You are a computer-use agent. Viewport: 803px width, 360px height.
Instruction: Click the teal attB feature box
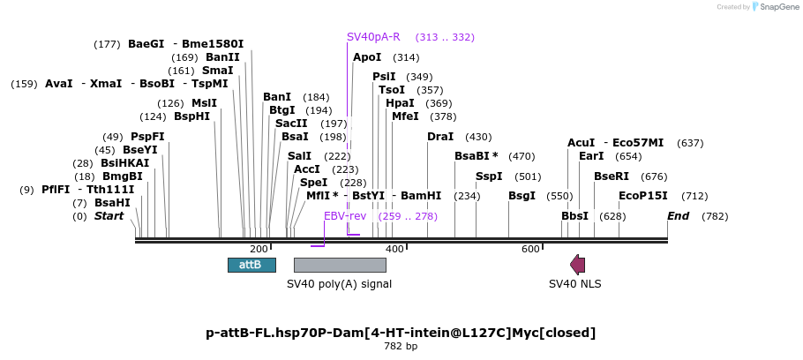(x=252, y=265)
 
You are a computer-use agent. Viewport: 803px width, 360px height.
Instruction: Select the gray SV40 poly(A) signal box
(x=340, y=265)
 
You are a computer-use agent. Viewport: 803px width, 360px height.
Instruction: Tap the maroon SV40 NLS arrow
(x=578, y=265)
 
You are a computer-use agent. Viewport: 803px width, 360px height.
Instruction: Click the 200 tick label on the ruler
(x=259, y=249)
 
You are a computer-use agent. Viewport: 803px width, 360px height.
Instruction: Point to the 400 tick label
(x=394, y=249)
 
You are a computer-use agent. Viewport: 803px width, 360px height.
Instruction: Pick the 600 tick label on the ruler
(x=530, y=249)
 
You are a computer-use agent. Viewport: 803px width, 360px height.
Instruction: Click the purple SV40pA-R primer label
(x=373, y=37)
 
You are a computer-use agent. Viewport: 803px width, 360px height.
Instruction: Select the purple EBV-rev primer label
(x=345, y=216)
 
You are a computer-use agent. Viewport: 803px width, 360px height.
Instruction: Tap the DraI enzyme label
(x=440, y=137)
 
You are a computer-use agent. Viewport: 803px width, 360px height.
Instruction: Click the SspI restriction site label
(x=489, y=176)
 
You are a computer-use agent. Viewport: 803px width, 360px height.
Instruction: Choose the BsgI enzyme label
(x=522, y=196)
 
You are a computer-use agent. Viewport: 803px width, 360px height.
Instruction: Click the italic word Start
(x=109, y=216)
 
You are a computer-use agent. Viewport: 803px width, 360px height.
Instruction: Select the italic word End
(x=678, y=216)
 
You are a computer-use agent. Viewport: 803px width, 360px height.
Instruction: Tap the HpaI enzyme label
(x=400, y=103)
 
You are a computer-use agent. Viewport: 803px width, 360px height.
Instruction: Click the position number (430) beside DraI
(x=478, y=137)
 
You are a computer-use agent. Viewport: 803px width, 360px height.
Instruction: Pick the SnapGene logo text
(x=778, y=7)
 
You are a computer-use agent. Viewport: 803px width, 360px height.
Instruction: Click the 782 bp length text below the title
(x=401, y=346)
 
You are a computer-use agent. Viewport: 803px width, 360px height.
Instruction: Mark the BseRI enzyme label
(x=612, y=176)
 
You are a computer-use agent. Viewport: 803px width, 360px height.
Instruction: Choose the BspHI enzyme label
(x=192, y=116)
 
